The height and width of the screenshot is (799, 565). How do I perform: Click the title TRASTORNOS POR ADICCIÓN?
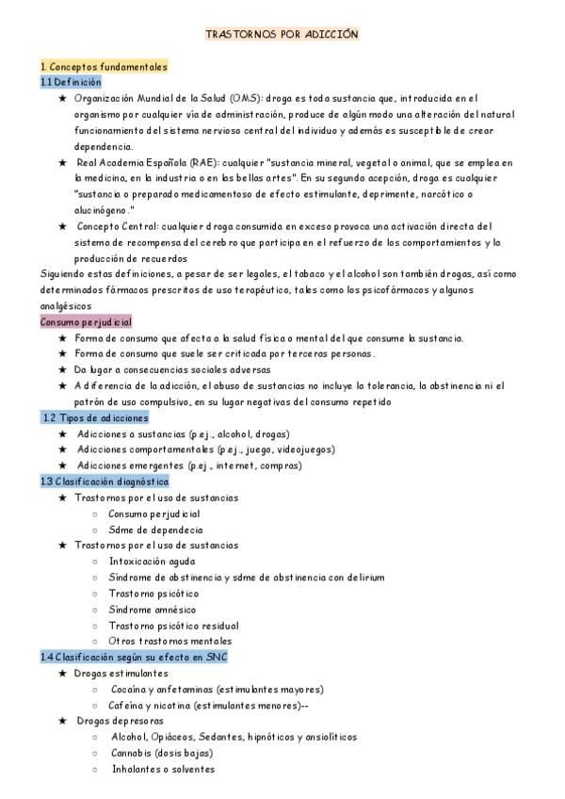click(x=282, y=34)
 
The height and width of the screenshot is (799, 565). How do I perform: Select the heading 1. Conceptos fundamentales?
click(x=104, y=67)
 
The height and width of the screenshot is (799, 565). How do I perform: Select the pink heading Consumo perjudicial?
click(x=86, y=321)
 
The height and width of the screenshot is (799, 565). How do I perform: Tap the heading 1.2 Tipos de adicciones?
click(x=96, y=417)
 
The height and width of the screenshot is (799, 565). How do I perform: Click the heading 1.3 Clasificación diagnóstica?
click(x=105, y=481)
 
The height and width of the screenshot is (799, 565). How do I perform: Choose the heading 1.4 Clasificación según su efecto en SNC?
click(x=134, y=657)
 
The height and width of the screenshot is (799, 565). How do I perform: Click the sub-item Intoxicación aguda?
click(x=152, y=561)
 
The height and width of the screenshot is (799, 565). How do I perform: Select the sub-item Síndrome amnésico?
click(x=153, y=609)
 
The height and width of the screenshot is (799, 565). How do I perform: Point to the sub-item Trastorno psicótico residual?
click(x=173, y=625)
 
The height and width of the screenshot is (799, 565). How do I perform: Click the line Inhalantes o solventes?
click(x=163, y=769)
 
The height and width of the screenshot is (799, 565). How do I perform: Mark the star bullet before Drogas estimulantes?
click(x=63, y=674)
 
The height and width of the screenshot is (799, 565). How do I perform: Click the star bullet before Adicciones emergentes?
click(x=63, y=465)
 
